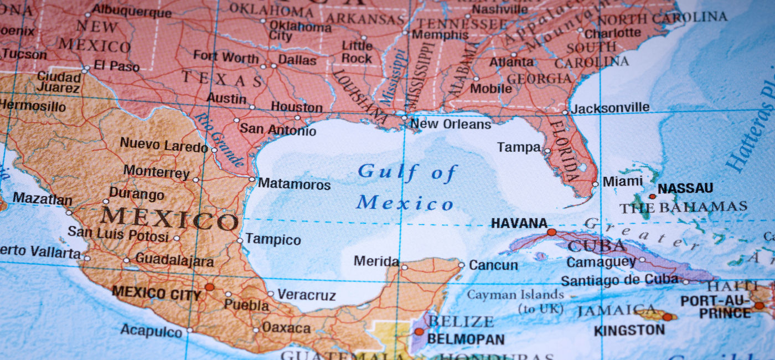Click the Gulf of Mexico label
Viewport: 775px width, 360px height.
click(406, 187)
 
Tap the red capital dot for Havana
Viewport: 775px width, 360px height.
click(551, 232)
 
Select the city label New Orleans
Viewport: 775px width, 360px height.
click(451, 124)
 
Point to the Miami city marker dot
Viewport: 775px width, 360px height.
click(595, 184)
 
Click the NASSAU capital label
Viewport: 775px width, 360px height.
click(685, 188)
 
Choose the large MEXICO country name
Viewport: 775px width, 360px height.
click(169, 219)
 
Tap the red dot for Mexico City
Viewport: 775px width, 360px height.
click(209, 287)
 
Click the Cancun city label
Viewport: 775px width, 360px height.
click(494, 265)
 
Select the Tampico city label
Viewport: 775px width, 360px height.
click(273, 240)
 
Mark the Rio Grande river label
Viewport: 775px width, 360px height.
click(220, 140)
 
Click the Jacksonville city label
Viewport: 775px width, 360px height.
click(610, 108)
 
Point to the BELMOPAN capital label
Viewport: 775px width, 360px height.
click(466, 339)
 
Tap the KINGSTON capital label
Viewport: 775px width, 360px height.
click(629, 331)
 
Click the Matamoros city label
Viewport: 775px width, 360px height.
click(294, 184)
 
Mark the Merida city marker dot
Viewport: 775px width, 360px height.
click(405, 268)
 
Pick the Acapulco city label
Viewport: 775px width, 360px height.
click(151, 331)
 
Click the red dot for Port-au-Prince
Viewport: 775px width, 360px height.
click(758, 305)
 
